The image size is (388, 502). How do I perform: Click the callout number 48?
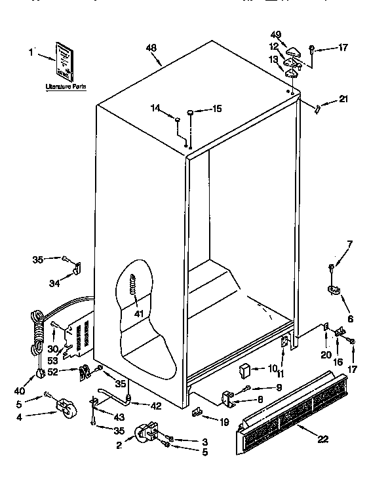[151, 47]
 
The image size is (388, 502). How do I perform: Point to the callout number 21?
[343, 100]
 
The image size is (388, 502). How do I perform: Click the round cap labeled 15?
[190, 113]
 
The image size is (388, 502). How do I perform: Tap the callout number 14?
[156, 109]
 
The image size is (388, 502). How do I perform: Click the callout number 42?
[155, 406]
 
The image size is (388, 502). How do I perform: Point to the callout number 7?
[349, 244]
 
